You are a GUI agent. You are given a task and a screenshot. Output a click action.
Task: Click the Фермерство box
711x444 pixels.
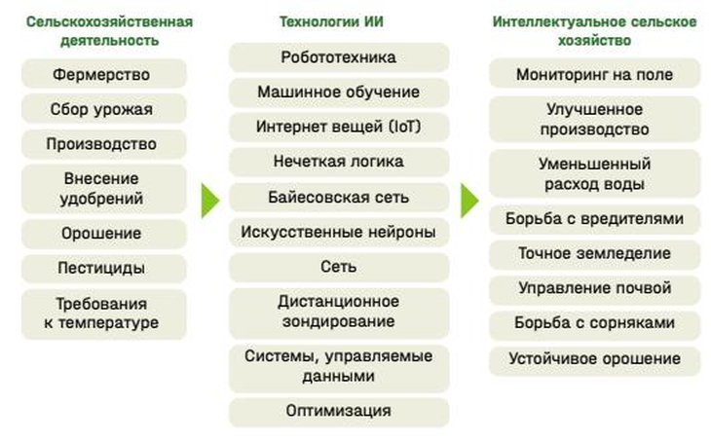(104, 74)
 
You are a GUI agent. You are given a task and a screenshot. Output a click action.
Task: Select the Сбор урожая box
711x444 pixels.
(104, 109)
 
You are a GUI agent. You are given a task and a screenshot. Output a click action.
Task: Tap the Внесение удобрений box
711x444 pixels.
(104, 189)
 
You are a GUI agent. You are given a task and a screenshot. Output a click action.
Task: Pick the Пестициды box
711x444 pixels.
(104, 268)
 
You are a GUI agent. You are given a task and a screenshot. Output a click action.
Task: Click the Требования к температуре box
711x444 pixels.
(104, 314)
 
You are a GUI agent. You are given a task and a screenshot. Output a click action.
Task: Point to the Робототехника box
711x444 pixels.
(339, 57)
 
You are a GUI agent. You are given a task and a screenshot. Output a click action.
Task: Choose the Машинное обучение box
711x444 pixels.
(339, 92)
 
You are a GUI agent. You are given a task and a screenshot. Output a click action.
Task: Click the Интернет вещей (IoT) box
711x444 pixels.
(339, 127)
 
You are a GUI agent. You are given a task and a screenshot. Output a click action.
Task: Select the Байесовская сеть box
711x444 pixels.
(339, 198)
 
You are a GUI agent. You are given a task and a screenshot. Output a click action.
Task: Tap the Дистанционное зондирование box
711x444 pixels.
(339, 313)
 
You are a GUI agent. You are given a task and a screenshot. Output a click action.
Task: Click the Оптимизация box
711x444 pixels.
(339, 412)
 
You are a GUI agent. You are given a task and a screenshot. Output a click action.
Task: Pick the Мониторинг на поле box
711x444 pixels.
(594, 73)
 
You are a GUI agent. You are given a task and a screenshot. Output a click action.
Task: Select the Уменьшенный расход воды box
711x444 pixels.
(594, 173)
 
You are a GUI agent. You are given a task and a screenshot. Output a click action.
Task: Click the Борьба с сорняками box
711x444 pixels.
(594, 323)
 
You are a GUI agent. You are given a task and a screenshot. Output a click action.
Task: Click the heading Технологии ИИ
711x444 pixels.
(331, 21)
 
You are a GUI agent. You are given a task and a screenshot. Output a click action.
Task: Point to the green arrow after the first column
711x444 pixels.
(210, 201)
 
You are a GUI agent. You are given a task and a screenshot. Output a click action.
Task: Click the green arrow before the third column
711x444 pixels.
(469, 201)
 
